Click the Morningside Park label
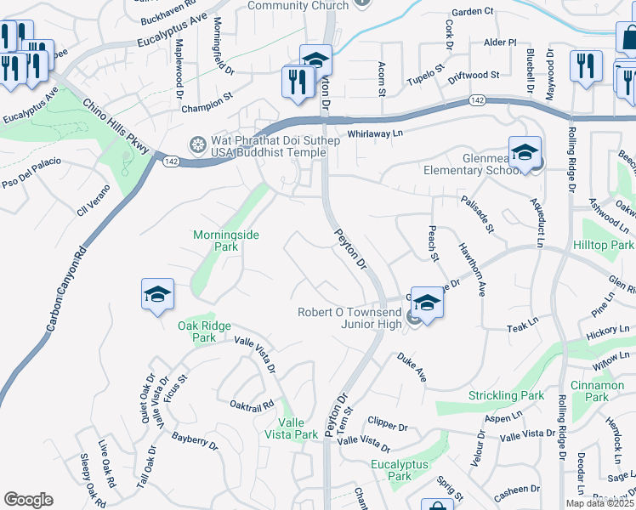226,241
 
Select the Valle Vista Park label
298,428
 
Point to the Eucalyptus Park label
392,470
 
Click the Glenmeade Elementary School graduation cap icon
525,152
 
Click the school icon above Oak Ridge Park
157,294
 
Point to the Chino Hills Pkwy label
116,127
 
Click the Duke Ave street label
411,367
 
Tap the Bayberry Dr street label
195,439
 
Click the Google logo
28,500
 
